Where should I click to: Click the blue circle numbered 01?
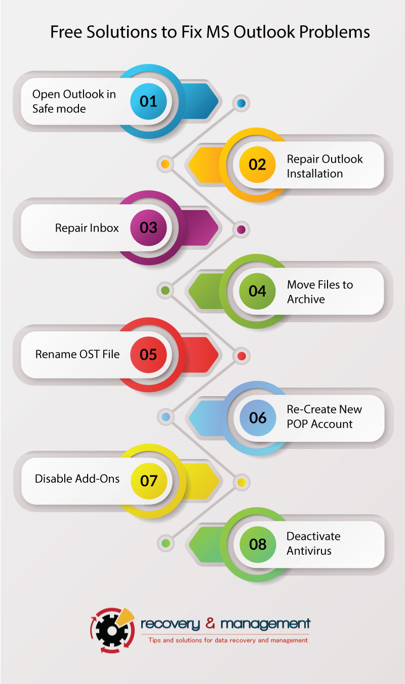(x=148, y=101)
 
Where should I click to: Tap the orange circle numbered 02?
(x=257, y=165)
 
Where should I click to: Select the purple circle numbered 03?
(x=148, y=228)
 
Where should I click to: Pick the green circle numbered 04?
(x=257, y=291)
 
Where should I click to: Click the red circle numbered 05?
(x=148, y=355)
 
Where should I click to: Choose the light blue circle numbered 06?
(x=258, y=417)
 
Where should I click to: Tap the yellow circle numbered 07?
(x=149, y=481)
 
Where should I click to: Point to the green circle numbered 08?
(x=258, y=544)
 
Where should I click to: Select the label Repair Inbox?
(x=87, y=228)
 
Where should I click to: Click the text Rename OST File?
(x=77, y=354)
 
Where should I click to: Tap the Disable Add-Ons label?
(x=77, y=479)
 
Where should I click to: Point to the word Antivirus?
(x=309, y=551)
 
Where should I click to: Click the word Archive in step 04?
(x=306, y=299)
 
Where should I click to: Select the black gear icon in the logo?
(x=112, y=631)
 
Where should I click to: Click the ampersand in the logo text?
(x=210, y=624)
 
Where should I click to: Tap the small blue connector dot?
(x=241, y=103)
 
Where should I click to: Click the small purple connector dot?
(x=241, y=230)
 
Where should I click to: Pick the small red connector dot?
(x=241, y=356)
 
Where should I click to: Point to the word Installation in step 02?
(x=315, y=174)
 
